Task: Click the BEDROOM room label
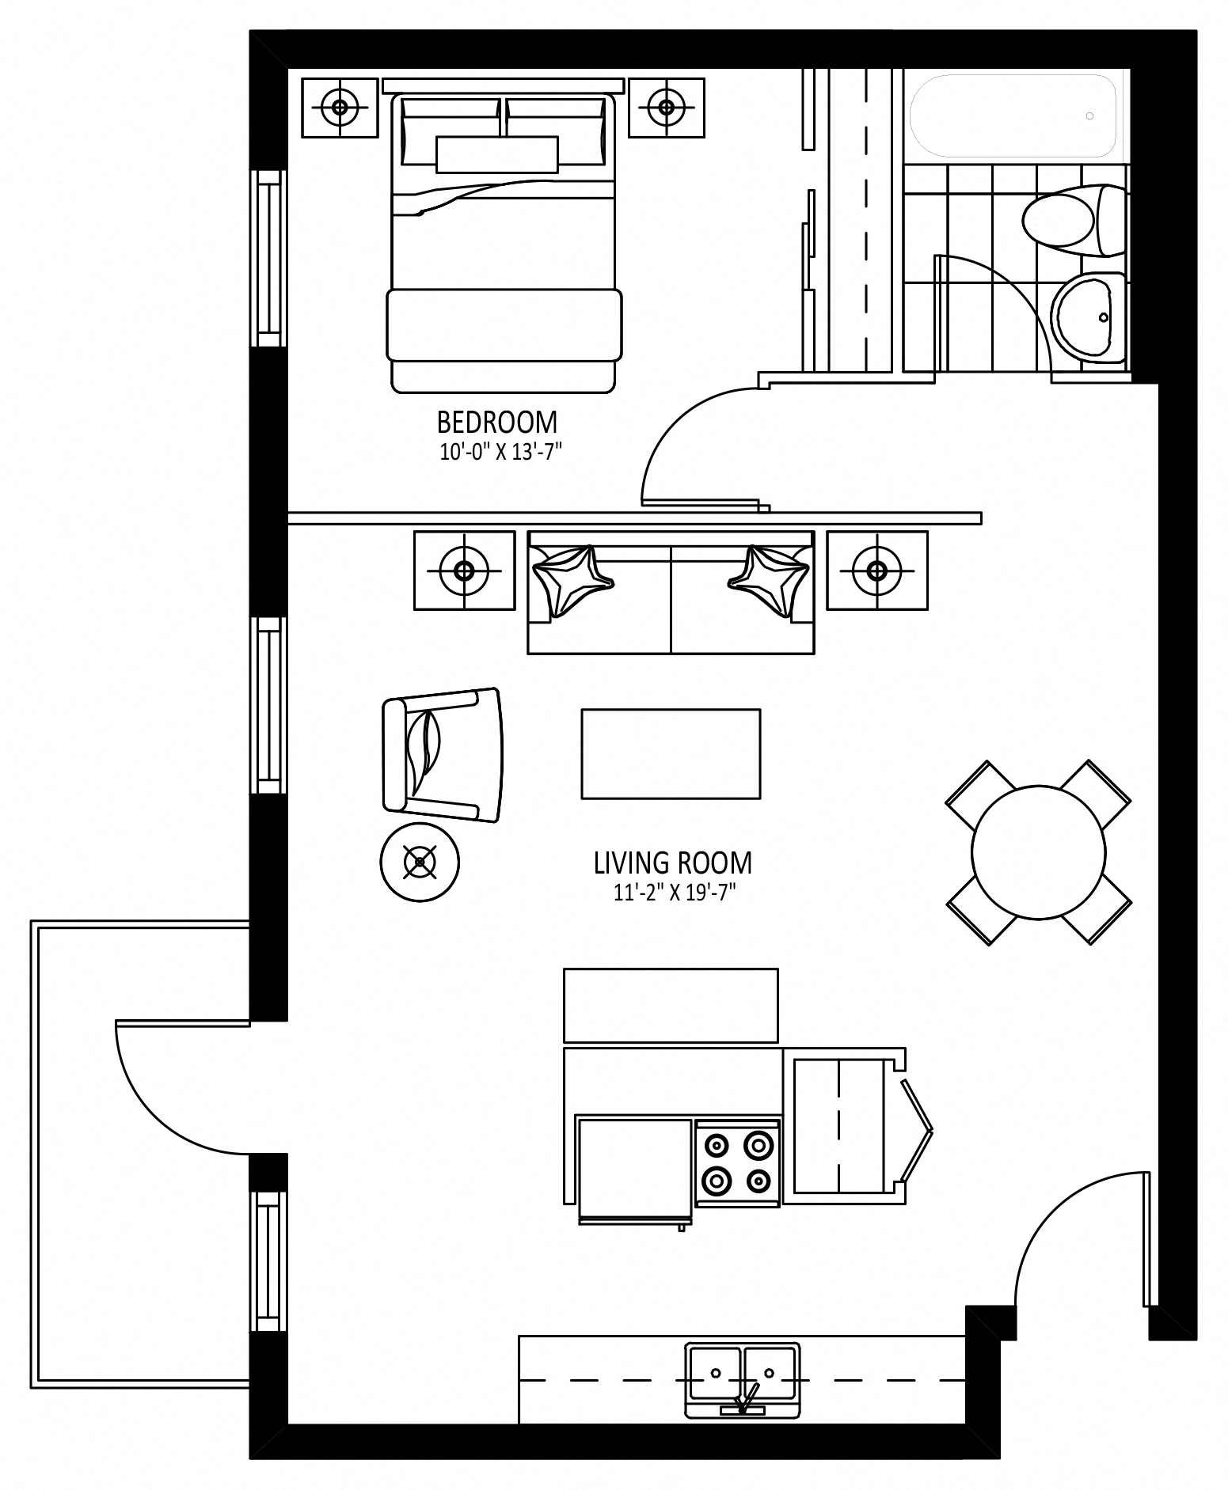point(497,423)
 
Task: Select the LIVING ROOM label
point(672,863)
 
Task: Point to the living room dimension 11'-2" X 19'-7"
point(675,893)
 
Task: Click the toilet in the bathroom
point(1074,220)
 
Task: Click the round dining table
point(1038,852)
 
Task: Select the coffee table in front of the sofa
point(671,753)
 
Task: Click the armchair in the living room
point(442,755)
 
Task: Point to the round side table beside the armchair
point(420,862)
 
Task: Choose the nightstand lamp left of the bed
point(340,107)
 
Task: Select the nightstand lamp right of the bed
point(667,107)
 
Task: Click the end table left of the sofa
point(464,570)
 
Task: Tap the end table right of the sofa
point(876,570)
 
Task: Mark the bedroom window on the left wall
point(268,259)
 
